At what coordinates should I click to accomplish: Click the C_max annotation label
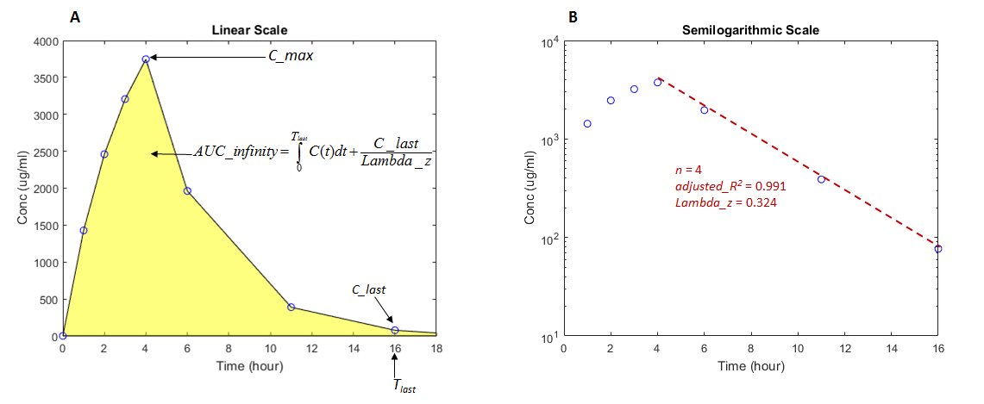pos(289,58)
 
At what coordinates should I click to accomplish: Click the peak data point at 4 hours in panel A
pos(146,59)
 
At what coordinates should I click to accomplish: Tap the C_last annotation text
pos(368,290)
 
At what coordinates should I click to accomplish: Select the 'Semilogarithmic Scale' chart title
pos(750,30)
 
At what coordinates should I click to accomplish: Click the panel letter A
pos(77,15)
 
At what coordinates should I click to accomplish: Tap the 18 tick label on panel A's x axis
pos(436,349)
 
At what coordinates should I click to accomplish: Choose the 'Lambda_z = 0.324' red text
pos(718,202)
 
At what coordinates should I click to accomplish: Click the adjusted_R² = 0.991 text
pos(726,186)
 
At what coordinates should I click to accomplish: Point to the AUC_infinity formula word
pos(233,154)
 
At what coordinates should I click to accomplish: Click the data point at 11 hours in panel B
pos(821,179)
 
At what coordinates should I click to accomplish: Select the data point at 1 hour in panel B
pos(587,124)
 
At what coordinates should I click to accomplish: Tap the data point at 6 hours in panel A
pos(187,191)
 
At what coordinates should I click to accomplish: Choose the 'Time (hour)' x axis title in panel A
pos(249,366)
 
